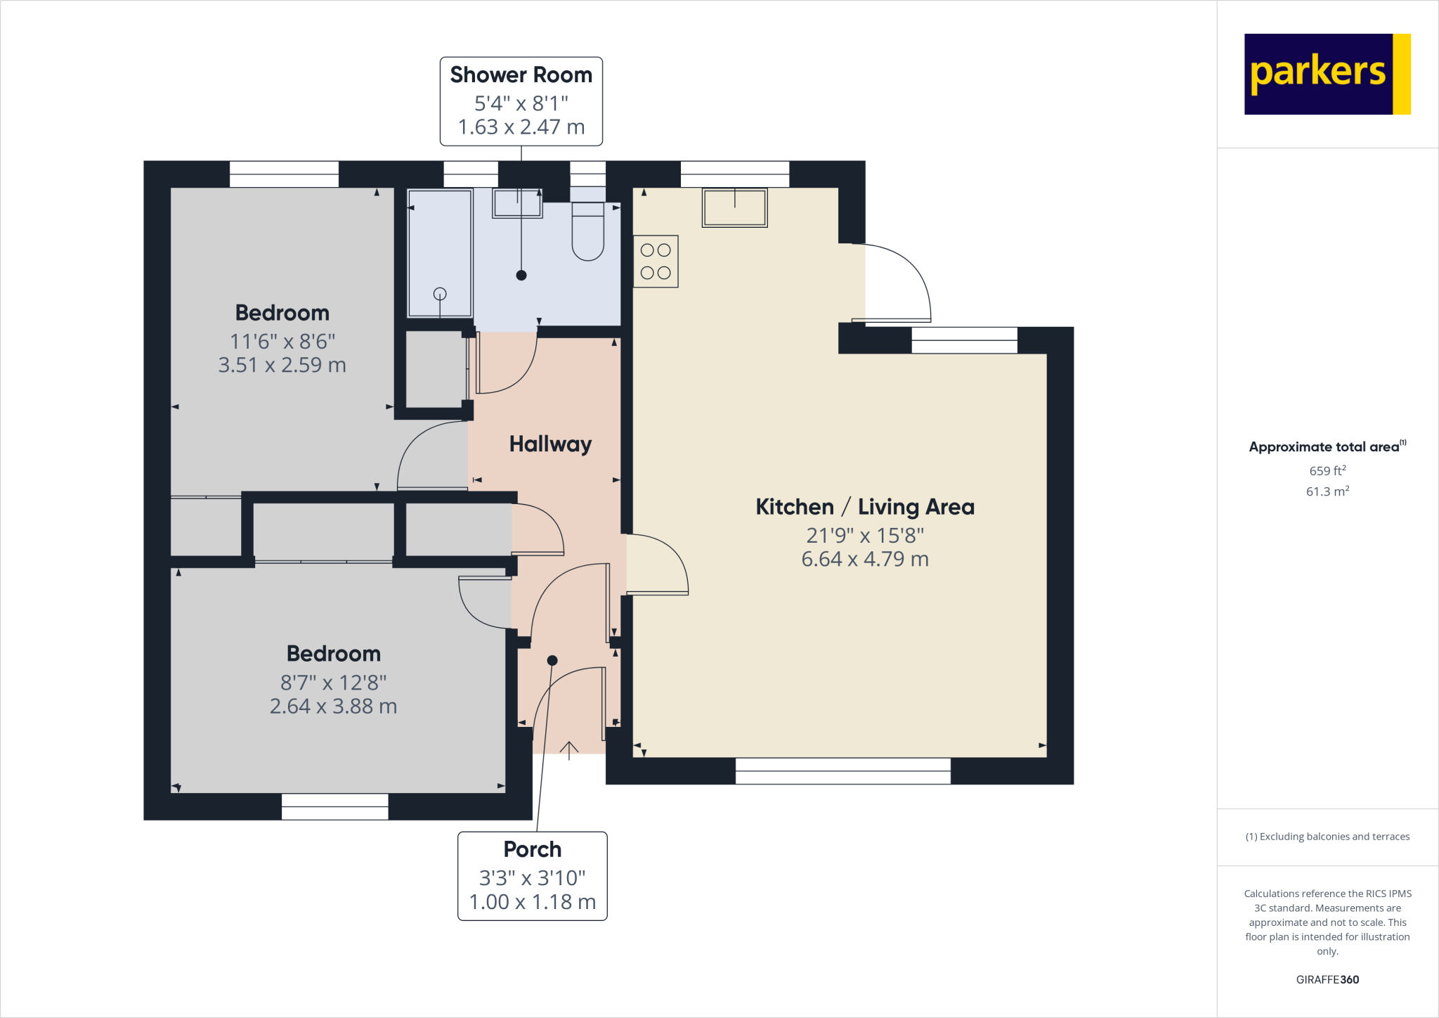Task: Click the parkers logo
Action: pos(1327,74)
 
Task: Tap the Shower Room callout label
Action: pos(521,101)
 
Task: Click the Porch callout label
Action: pos(532,875)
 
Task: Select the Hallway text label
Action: pos(550,444)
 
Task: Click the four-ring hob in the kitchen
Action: pos(656,262)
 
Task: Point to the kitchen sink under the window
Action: pos(734,207)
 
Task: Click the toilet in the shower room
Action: pos(587,232)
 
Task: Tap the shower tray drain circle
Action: pos(440,294)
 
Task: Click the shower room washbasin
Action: pos(517,203)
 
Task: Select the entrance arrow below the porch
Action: pos(568,750)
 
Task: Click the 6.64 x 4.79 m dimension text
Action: pos(865,559)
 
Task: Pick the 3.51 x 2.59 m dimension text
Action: pos(282,365)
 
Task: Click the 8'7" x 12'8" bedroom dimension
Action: pos(333,682)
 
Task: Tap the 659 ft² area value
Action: pos(1327,470)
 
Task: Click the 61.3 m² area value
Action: pos(1327,491)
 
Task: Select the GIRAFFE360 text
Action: pos(1327,979)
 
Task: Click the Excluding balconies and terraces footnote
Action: pos(1327,837)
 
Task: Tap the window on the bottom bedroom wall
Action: pos(334,806)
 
